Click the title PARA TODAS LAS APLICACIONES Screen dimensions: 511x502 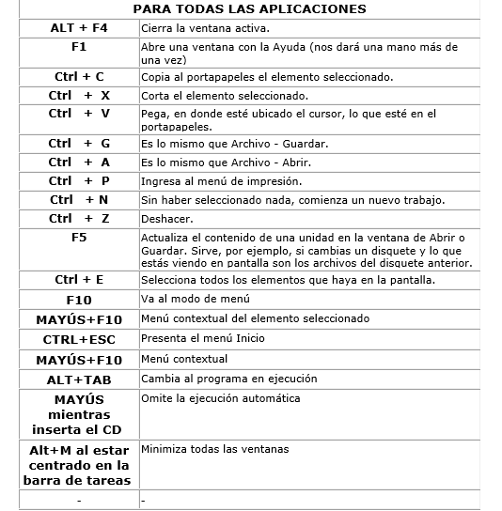tap(250, 9)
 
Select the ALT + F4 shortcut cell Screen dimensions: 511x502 tap(79, 28)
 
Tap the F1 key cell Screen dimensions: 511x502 tap(79, 45)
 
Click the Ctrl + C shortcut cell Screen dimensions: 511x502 tap(79, 76)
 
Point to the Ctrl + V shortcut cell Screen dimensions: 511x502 tap(79, 114)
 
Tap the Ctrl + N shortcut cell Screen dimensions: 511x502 tap(79, 200)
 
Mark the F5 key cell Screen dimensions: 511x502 tap(79, 238)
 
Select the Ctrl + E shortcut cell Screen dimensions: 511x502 tap(79, 280)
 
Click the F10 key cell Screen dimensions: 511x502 tap(79, 300)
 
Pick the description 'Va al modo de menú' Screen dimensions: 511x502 tap(195, 300)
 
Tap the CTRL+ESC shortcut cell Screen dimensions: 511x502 tap(79, 339)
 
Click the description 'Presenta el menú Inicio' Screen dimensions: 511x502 tap(203, 338)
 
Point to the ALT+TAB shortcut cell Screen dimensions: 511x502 tap(79, 379)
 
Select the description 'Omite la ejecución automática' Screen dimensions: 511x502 tap(221, 398)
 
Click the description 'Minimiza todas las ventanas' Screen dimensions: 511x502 tap(215, 449)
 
